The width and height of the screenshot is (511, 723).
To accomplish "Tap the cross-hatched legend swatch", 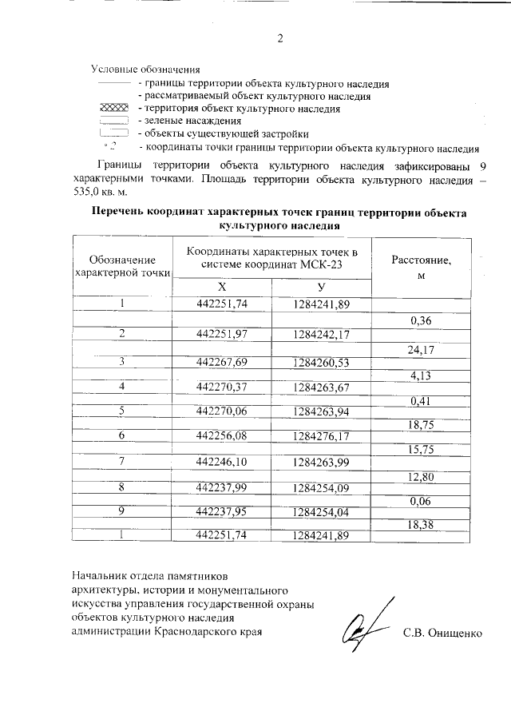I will click(x=113, y=108).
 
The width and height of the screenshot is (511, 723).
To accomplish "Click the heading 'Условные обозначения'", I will click(x=144, y=70).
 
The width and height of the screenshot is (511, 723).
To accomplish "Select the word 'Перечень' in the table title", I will click(x=123, y=213).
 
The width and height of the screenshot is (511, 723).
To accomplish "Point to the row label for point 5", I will click(x=123, y=411).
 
